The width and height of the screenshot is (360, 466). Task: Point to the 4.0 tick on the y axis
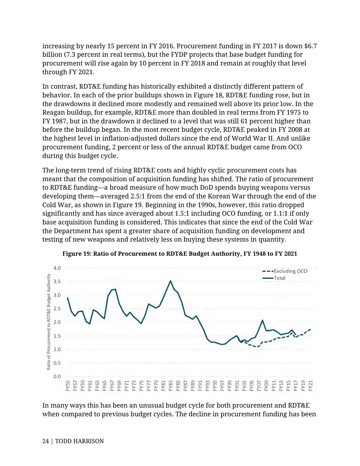56,268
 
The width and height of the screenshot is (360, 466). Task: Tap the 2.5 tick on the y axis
56,309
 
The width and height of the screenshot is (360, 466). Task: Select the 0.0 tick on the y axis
56,376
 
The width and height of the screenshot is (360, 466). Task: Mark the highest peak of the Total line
171,281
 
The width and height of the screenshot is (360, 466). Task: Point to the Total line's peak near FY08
262,320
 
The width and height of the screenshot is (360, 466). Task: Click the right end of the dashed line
311,329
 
